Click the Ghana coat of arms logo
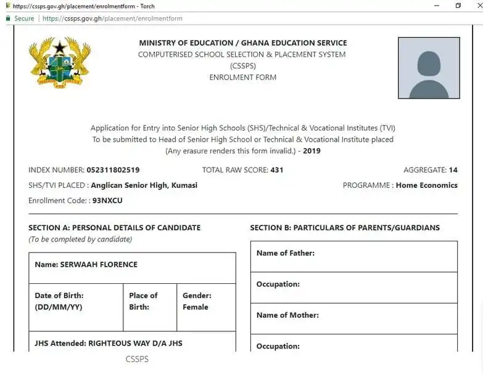(x=60, y=62)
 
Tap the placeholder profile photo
(x=429, y=68)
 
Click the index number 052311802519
(x=113, y=170)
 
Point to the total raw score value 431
(x=277, y=170)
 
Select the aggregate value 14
(x=453, y=170)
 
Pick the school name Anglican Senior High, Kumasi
(x=144, y=185)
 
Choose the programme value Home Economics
(x=427, y=185)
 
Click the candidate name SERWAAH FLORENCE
(x=99, y=265)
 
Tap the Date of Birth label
(x=59, y=296)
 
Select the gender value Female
(x=196, y=307)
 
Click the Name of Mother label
(x=287, y=315)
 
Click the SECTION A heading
(x=115, y=228)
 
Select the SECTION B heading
(x=345, y=228)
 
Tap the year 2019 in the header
(x=312, y=151)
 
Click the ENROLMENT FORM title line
(x=243, y=78)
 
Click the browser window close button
(x=474, y=6)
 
